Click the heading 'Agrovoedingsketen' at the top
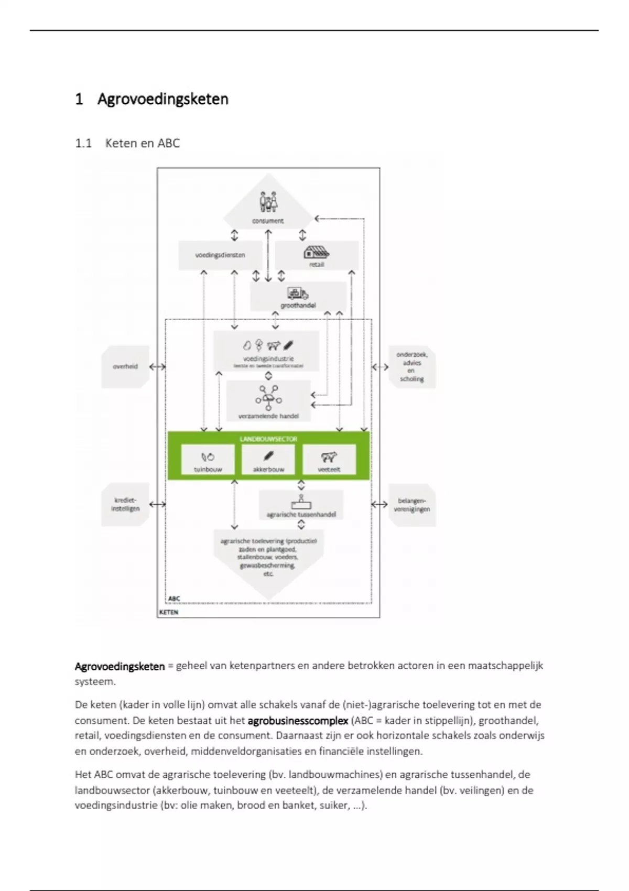click(162, 99)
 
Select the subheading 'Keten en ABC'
click(142, 143)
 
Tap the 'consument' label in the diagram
click(268, 221)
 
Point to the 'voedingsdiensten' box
click(220, 255)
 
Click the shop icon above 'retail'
click(317, 252)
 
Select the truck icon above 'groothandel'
click(297, 294)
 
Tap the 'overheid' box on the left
click(125, 366)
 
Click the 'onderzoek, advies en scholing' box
click(411, 367)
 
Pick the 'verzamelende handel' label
click(268, 416)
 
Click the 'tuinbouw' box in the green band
click(208, 460)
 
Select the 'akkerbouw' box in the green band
click(268, 460)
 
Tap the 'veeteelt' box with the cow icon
click(329, 460)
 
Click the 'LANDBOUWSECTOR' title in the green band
click(268, 439)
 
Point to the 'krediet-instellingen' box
click(125, 504)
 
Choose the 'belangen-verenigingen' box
click(411, 505)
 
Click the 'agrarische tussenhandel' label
click(301, 515)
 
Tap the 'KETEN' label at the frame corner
click(169, 612)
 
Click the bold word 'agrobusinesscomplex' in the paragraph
click(298, 721)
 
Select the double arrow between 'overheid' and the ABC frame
click(157, 367)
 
